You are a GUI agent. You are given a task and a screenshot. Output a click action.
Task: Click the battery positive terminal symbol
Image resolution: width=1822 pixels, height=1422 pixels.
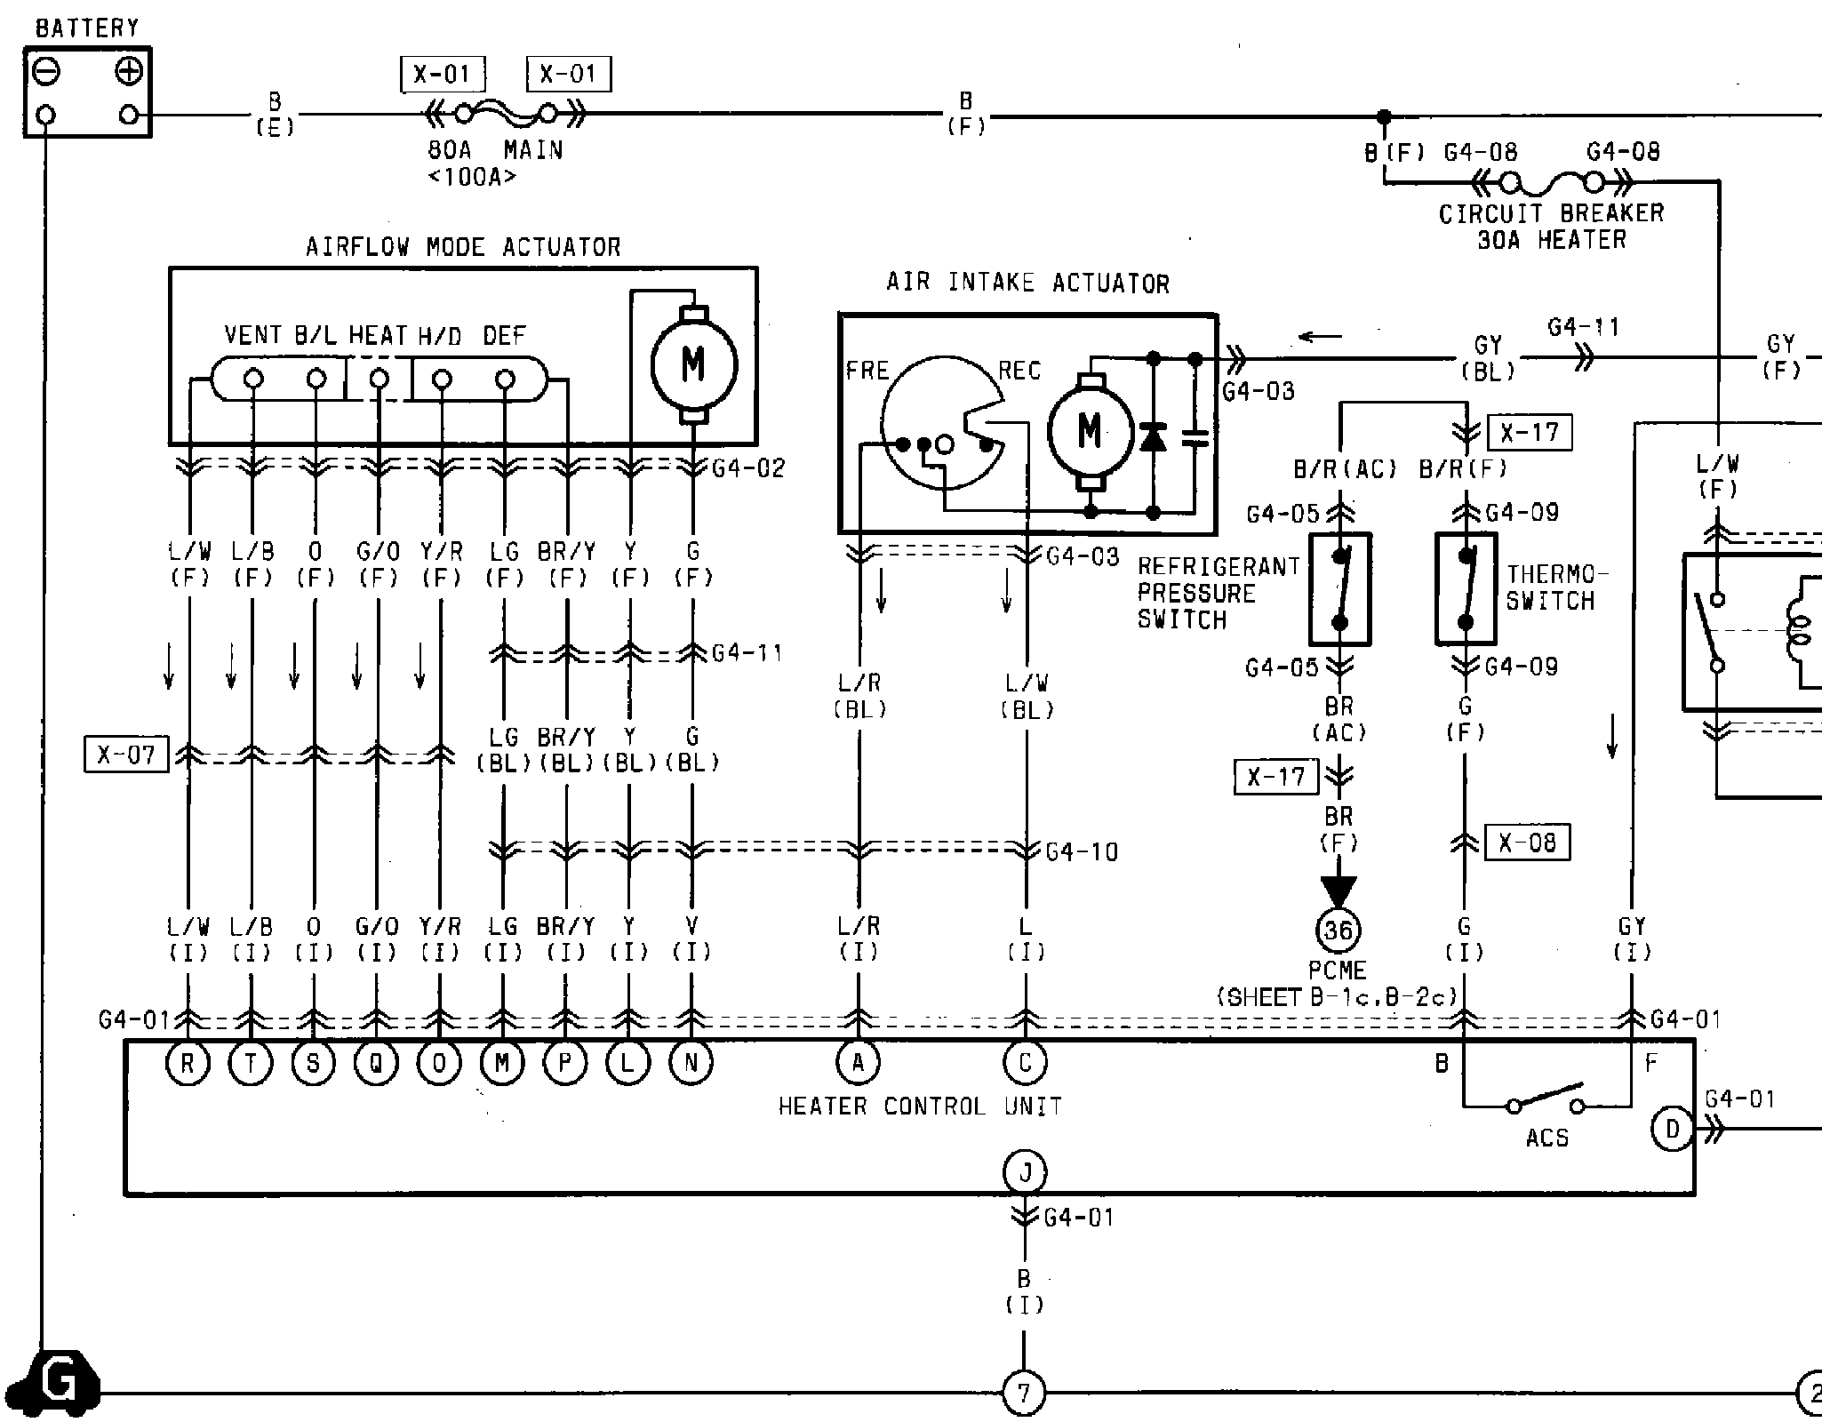point(129,71)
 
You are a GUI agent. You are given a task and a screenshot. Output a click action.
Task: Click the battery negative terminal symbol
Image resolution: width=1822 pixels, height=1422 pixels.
point(47,71)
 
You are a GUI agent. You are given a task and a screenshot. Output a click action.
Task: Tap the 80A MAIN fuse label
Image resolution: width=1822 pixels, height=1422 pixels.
point(495,149)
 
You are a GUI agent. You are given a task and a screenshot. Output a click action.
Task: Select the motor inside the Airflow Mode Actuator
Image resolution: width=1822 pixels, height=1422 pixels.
point(694,363)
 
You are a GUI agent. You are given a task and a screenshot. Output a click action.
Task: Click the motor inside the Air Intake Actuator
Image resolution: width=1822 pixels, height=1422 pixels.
point(1091,431)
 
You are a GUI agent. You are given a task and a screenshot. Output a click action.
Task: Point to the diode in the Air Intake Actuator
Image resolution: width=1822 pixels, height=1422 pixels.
point(1153,438)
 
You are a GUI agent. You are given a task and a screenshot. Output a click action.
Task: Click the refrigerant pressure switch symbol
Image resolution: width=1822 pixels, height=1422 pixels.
point(1340,588)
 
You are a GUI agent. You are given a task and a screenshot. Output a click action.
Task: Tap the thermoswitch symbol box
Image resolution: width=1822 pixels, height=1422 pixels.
point(1466,588)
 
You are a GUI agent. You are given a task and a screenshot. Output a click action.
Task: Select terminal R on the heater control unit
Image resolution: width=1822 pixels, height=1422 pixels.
point(188,1063)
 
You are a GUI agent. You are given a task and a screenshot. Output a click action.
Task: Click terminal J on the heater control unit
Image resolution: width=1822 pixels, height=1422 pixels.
point(1025,1173)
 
